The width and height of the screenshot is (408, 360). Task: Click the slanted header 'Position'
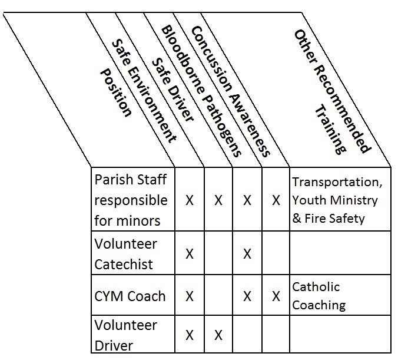(116, 93)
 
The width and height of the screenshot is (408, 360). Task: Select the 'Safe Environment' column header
(144, 91)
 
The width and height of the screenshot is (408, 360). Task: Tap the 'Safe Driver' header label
(173, 90)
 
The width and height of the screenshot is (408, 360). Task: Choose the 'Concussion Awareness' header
(230, 91)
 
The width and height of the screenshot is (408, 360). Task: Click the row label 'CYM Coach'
(130, 296)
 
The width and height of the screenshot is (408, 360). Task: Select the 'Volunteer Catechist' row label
(125, 254)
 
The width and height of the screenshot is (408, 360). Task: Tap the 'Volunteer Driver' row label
(125, 335)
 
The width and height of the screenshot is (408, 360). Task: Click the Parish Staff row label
(131, 200)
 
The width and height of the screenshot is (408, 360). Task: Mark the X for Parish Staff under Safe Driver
(218, 200)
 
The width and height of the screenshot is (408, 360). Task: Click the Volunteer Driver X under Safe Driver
(218, 335)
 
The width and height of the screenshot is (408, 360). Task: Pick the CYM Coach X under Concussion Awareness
(276, 296)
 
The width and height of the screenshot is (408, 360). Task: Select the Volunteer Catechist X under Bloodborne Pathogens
(247, 254)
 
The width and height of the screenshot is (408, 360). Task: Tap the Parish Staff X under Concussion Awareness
(276, 200)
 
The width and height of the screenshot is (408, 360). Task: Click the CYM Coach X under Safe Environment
(190, 296)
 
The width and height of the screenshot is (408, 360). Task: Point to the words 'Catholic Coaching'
(319, 296)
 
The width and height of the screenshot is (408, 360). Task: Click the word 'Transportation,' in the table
(337, 182)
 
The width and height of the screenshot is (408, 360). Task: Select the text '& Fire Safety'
(329, 218)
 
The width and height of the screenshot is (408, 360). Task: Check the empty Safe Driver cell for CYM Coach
(218, 295)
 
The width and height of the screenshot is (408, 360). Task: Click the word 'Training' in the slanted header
(330, 129)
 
